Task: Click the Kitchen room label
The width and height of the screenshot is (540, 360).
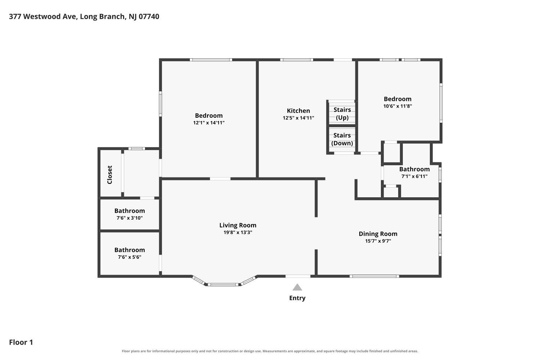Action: point(298,111)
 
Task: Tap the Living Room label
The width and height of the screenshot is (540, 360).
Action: point(238,225)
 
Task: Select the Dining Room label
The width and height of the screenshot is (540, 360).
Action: point(378,234)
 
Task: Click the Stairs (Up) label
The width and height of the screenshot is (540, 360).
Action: point(342,113)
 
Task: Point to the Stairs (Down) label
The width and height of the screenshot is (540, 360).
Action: point(342,139)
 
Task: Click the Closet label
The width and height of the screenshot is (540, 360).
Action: point(110,175)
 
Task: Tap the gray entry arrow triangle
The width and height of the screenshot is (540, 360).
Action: point(297,287)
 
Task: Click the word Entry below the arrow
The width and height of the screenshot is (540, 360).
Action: point(297,298)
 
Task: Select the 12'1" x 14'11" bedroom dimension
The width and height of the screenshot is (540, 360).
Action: point(209,123)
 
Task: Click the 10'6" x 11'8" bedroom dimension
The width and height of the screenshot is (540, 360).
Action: point(397,106)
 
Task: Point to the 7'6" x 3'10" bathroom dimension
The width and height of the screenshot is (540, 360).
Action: point(130,218)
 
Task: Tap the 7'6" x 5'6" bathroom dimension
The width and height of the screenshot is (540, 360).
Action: point(130,257)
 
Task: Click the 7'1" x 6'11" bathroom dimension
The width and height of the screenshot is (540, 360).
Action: point(414,176)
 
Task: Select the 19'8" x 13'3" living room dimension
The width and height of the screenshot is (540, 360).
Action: point(238,233)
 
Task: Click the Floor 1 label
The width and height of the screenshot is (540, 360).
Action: point(21,342)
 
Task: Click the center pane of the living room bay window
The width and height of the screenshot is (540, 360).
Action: point(223,284)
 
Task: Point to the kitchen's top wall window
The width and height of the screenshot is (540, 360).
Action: point(297,60)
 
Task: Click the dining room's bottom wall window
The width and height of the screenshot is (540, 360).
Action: point(374,276)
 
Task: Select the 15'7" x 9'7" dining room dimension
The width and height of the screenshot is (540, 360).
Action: point(378,241)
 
